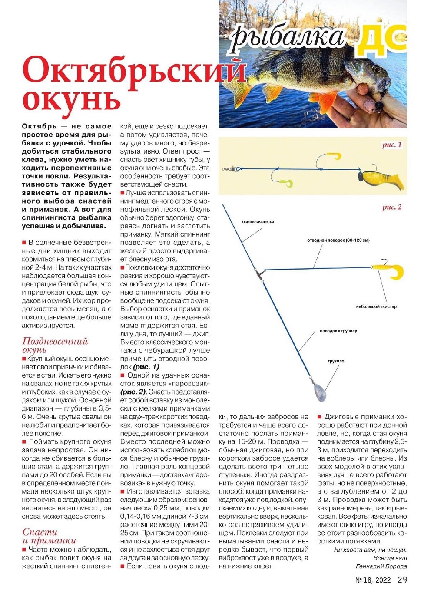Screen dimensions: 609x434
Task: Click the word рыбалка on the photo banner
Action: point(288,36)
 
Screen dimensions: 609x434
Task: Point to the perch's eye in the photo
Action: point(375,69)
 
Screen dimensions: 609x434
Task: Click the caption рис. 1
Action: point(392,145)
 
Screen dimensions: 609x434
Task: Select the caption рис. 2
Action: point(392,207)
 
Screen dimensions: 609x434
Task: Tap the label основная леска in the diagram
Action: point(258,222)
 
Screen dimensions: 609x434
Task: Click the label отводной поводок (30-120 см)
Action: point(338,240)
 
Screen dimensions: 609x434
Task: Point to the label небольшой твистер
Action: point(376,306)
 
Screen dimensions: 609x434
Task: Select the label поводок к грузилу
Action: point(338,331)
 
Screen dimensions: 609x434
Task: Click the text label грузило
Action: point(336,361)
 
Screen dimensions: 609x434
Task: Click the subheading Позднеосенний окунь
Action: point(55,345)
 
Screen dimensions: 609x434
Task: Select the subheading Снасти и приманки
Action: point(49,536)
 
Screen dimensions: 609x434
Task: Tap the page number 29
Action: point(402,580)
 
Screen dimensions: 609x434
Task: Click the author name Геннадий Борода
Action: point(381,566)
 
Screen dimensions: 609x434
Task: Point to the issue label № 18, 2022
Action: point(373,580)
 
